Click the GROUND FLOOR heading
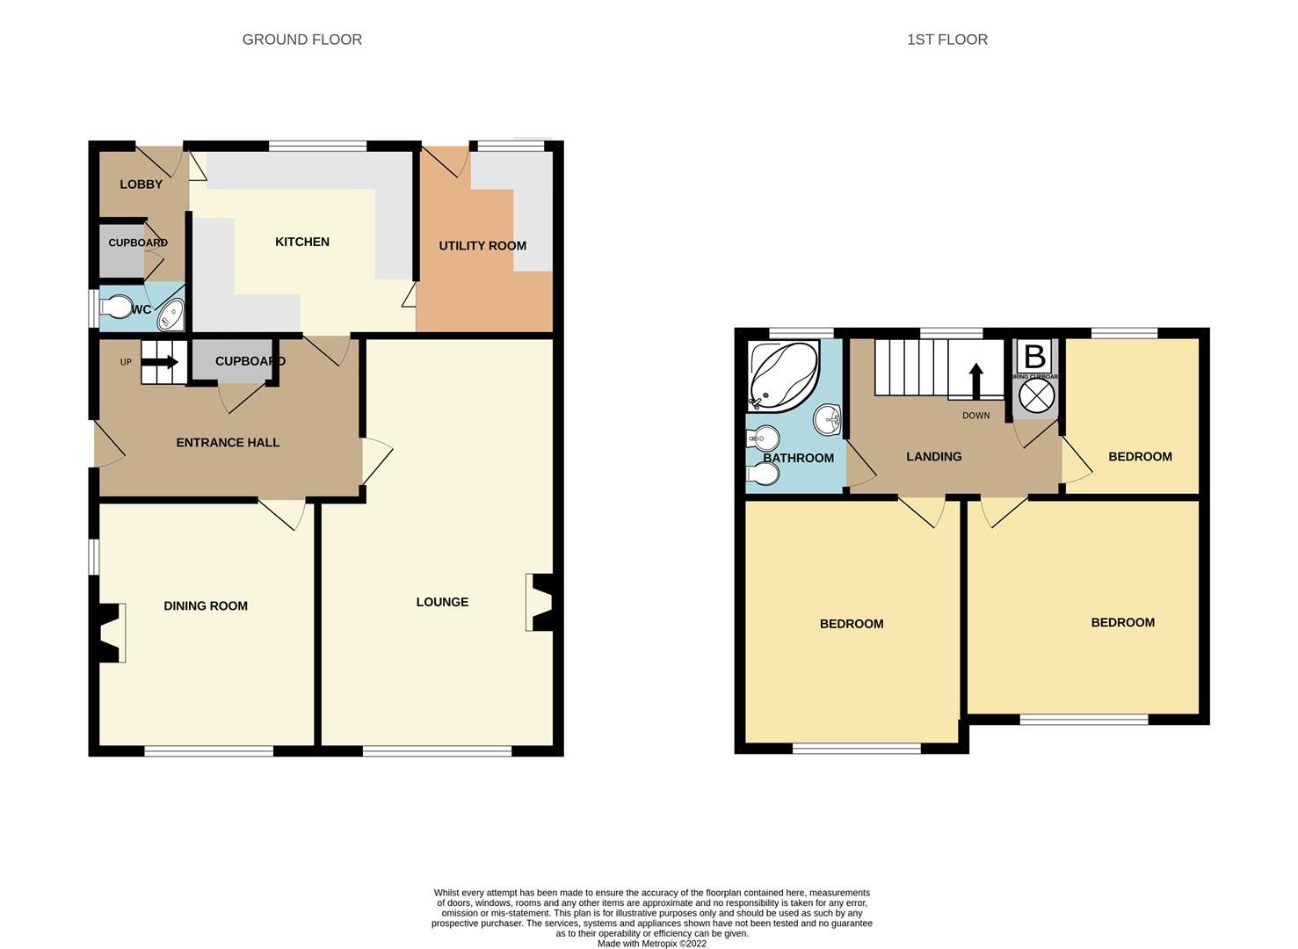[301, 40]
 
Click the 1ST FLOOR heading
[946, 40]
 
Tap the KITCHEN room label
[302, 242]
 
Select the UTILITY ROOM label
[482, 246]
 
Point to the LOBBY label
[141, 185]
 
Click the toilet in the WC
[114, 308]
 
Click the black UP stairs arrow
[166, 362]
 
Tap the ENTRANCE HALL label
[228, 443]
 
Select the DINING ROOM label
[206, 606]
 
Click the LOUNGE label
[442, 602]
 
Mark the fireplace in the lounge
[540, 602]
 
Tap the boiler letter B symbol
[1035, 357]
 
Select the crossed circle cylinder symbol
[1036, 395]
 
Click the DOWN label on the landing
[975, 416]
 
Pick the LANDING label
[933, 457]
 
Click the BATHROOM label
[798, 459]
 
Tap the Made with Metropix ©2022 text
[651, 944]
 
